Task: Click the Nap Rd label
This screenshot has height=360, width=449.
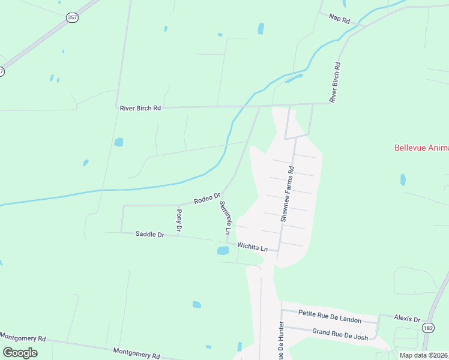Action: point(340,19)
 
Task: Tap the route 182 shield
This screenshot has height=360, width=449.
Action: point(428,328)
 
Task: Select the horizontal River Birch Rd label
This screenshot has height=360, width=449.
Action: point(140,108)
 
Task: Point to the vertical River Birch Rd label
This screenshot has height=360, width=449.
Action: point(336,82)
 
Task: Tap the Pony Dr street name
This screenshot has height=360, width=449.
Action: point(179,220)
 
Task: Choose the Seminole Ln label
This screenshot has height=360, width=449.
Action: point(224,217)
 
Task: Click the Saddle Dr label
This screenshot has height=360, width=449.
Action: point(149,235)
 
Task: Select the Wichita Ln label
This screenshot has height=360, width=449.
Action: point(252,246)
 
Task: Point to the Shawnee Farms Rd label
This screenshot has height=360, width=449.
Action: point(286,195)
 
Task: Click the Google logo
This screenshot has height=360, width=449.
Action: point(20,352)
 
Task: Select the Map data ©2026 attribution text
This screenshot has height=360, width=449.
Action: point(424,355)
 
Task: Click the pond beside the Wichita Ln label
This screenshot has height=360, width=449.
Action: point(223,250)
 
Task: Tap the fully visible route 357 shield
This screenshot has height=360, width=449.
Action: point(72,17)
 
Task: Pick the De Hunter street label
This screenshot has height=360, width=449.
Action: point(280,342)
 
